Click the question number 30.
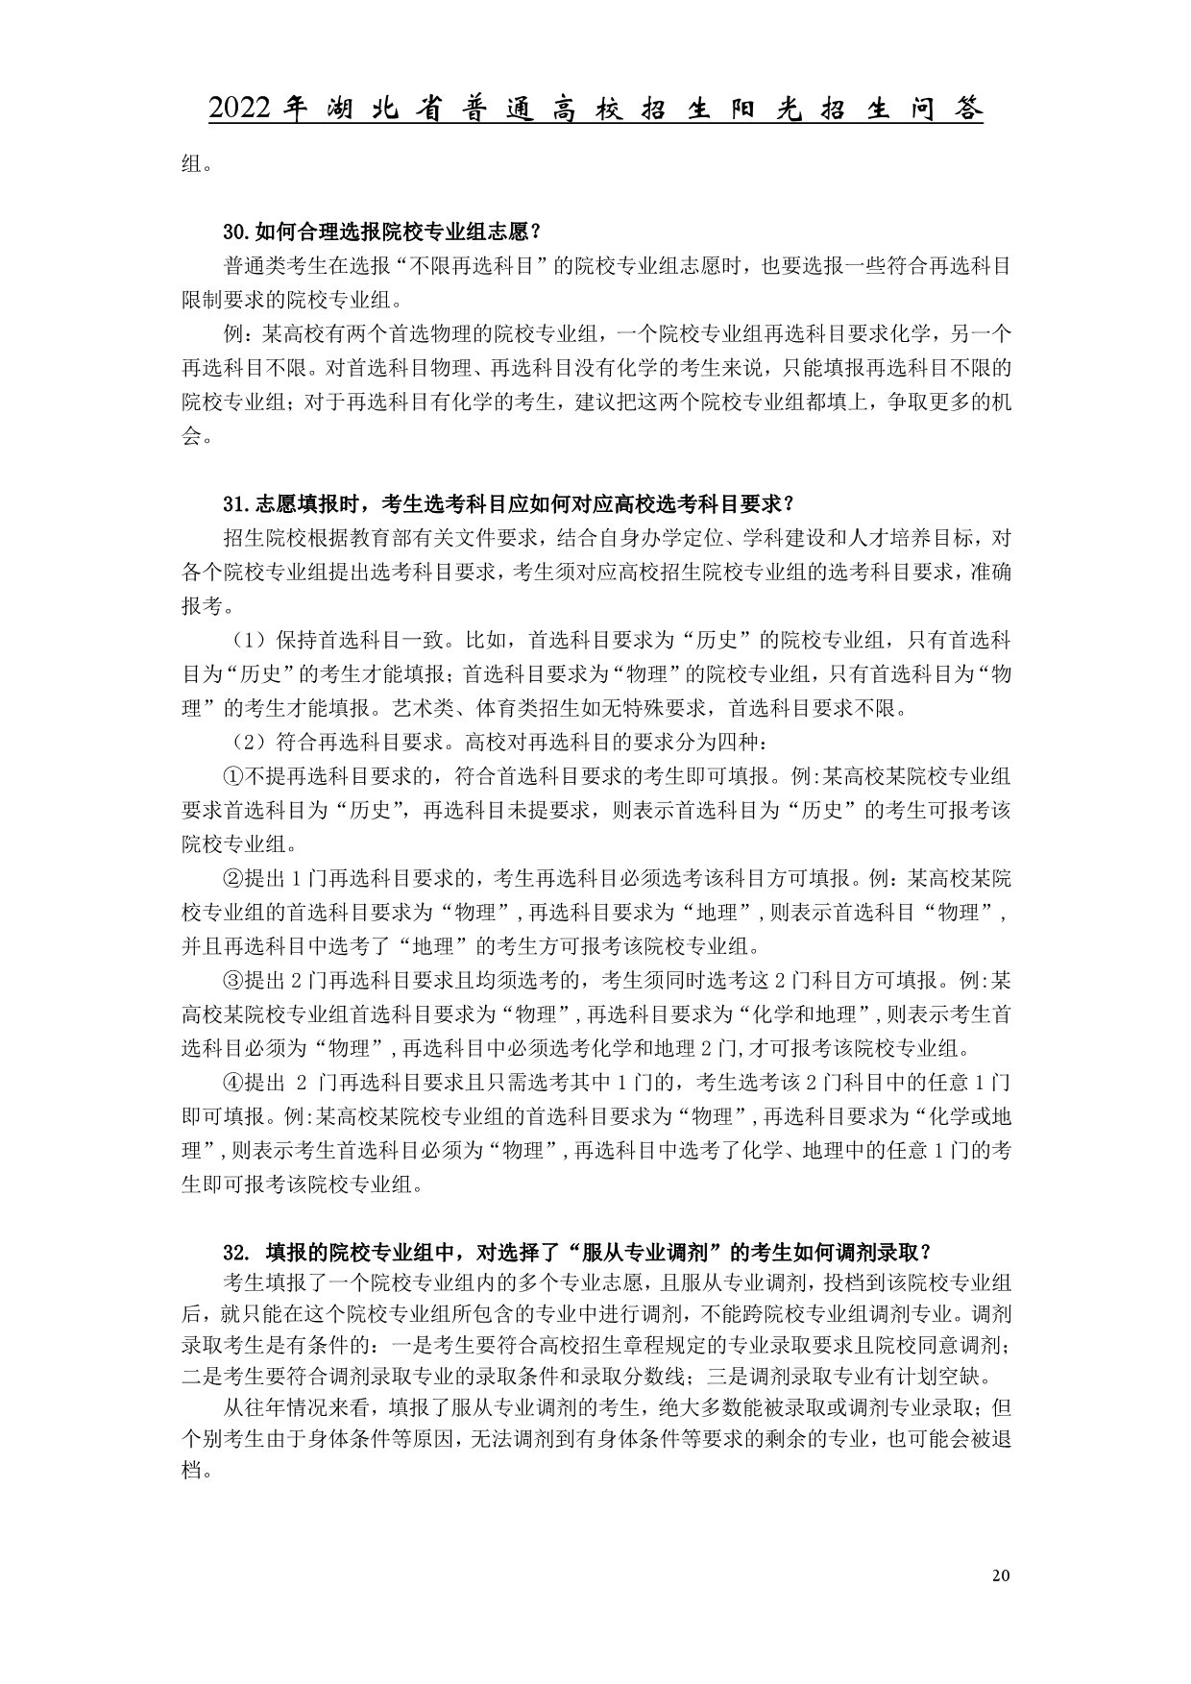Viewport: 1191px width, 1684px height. [234, 232]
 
